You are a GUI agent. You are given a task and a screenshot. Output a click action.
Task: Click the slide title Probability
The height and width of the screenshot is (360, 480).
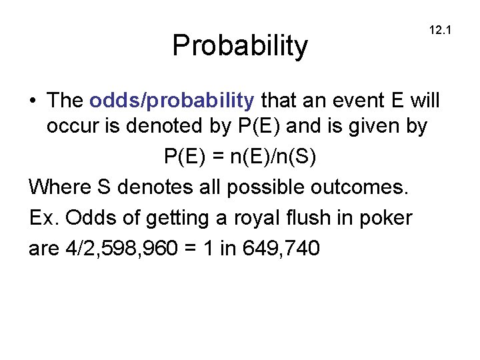(240, 45)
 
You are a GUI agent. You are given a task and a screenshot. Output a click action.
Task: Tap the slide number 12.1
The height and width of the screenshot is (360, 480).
(441, 30)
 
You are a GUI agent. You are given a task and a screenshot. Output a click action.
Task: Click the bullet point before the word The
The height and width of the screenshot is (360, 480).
(33, 101)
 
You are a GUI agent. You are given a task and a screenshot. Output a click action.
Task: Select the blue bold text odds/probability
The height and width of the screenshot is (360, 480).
(172, 101)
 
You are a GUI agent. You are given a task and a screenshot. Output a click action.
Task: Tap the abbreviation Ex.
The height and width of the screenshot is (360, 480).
(41, 217)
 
